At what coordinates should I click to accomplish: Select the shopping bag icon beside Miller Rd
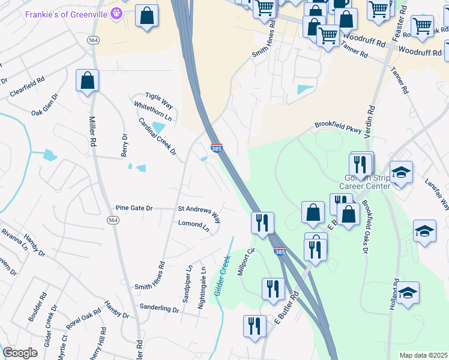coord(87,80)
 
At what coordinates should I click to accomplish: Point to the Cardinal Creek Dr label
coord(157,136)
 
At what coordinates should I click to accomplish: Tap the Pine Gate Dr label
coord(134,208)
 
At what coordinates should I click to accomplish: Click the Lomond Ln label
coord(193,226)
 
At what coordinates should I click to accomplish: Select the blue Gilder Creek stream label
coord(222,277)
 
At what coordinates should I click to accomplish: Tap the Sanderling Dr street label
coord(159,308)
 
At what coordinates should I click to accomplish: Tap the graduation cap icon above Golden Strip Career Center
coord(400,172)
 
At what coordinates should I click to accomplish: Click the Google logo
coord(20,353)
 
